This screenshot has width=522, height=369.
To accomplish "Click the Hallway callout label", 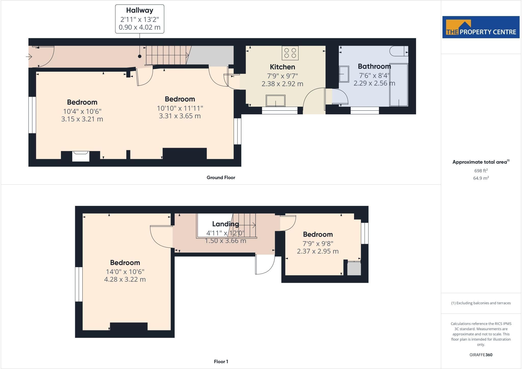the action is click(140, 19).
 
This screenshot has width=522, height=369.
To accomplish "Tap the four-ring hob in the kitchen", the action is click(290, 53).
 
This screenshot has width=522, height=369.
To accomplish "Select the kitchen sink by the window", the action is click(276, 101).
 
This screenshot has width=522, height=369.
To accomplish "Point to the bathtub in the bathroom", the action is click(399, 85).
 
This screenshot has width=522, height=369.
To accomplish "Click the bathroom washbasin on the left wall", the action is click(344, 74).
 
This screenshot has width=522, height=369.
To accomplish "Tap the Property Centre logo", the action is click(481, 27).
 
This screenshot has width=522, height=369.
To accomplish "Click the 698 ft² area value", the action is click(481, 171).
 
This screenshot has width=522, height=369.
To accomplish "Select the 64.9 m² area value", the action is click(481, 178).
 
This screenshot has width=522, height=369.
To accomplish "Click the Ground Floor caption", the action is click(221, 178).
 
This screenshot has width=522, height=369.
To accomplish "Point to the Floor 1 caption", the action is click(221, 362).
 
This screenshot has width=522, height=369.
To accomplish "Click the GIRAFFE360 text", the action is click(481, 355).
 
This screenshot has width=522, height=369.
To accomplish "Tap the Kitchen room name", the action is click(282, 67).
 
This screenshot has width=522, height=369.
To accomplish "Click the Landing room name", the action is click(226, 224).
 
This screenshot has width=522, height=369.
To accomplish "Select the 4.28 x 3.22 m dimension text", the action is click(125, 279).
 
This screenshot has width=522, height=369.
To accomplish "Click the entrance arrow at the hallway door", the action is click(29, 56).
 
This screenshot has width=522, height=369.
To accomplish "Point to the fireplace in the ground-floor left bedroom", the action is click(81, 156).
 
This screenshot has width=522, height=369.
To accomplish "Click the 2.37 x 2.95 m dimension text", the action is click(318, 251).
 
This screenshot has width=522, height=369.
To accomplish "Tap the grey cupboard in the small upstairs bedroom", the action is click(354, 268).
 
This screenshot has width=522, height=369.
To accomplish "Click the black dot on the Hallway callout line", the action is click(140, 56).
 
